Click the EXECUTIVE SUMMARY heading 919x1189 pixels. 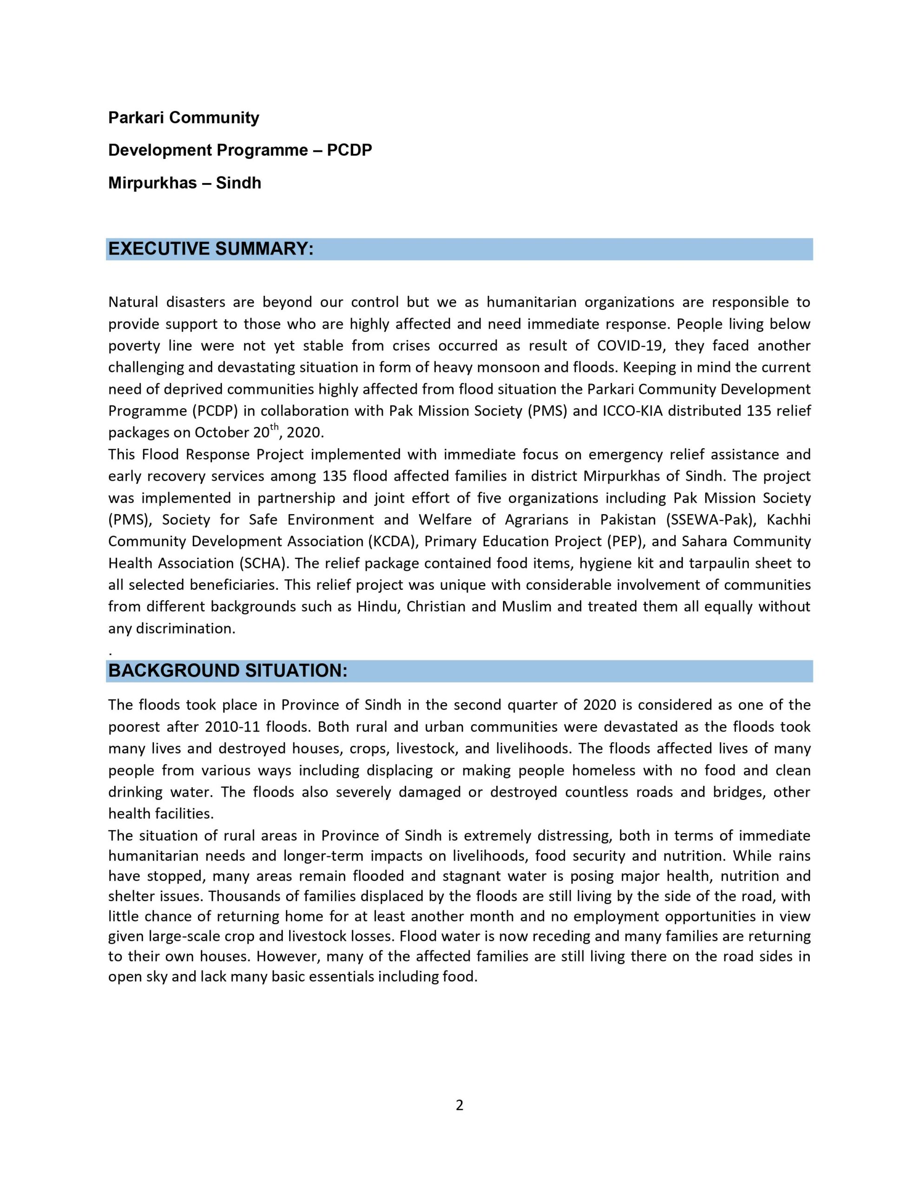click(x=211, y=249)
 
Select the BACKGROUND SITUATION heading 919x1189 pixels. click(x=228, y=671)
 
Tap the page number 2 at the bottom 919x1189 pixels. click(x=459, y=1104)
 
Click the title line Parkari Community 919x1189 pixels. click(x=184, y=118)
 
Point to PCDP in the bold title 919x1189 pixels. click(x=349, y=150)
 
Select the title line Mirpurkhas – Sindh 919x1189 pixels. click(x=184, y=183)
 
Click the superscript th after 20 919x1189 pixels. click(x=275, y=428)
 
